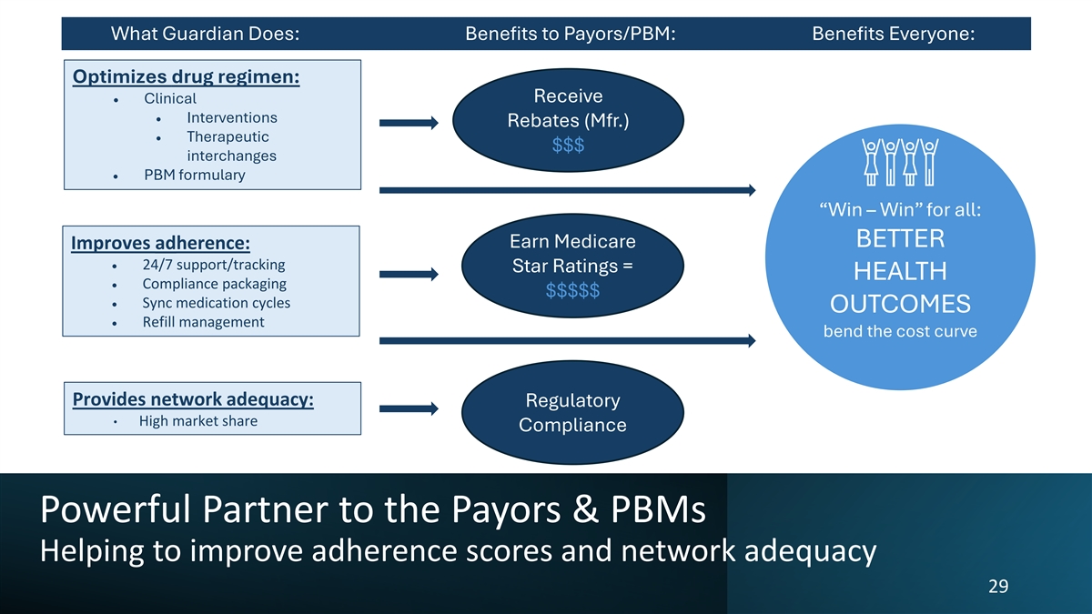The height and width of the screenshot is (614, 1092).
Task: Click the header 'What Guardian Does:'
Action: [206, 35]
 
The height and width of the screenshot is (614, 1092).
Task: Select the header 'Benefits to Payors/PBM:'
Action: [570, 35]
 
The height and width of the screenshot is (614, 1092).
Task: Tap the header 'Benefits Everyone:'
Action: [893, 35]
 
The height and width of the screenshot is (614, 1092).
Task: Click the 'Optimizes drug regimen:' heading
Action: [186, 76]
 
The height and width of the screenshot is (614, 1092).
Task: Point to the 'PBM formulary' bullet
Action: [194, 175]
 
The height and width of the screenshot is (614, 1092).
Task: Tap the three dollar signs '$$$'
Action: [568, 146]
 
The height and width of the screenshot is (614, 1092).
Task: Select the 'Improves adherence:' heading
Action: [161, 244]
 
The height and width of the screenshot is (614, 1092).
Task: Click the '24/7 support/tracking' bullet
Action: [214, 265]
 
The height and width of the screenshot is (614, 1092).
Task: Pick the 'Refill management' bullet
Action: [203, 322]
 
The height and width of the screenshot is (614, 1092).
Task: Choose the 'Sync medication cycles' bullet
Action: [217, 303]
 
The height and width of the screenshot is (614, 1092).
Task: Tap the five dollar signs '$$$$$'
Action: [572, 291]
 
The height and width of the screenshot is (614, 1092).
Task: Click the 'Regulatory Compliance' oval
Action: [572, 413]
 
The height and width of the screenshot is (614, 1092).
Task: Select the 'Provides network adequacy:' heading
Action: [193, 399]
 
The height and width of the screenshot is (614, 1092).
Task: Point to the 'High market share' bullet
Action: [197, 421]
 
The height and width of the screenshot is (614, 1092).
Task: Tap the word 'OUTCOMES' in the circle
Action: [900, 304]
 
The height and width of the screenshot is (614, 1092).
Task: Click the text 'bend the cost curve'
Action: [900, 331]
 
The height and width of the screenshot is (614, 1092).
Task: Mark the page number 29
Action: [997, 587]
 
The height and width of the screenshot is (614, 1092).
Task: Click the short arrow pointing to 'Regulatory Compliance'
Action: [409, 410]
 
